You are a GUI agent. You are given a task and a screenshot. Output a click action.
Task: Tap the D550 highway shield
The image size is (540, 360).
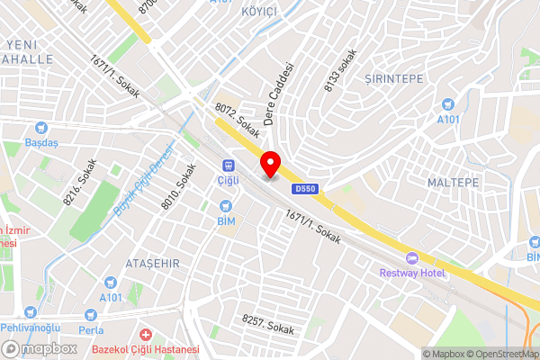point(303,188)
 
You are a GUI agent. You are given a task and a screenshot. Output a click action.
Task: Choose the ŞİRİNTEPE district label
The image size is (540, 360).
point(394,79)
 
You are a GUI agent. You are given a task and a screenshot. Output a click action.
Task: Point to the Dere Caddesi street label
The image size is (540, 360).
point(279,94)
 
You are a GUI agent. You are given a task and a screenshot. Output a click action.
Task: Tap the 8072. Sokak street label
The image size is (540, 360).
point(237,121)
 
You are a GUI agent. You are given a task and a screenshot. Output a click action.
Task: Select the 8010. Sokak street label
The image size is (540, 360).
point(177,186)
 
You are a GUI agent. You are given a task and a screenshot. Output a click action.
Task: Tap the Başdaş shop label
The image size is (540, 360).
point(41,142)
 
